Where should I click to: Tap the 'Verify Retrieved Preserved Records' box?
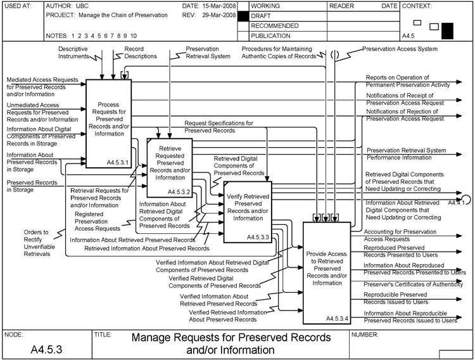(248, 210)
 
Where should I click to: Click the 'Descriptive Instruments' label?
(73, 52)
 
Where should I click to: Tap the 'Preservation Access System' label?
(408, 49)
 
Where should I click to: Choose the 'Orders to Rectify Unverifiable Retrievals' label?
(37, 243)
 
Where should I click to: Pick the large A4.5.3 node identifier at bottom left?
(46, 349)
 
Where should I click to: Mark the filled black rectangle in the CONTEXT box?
(448, 30)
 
